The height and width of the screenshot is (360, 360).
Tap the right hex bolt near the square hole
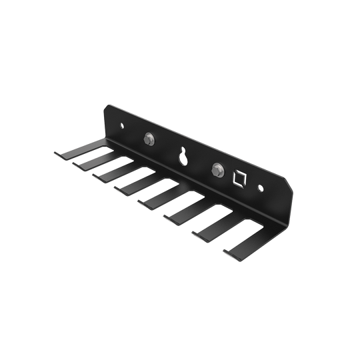coord(217,169)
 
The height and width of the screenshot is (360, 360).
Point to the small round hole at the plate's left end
coord(121,125)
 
